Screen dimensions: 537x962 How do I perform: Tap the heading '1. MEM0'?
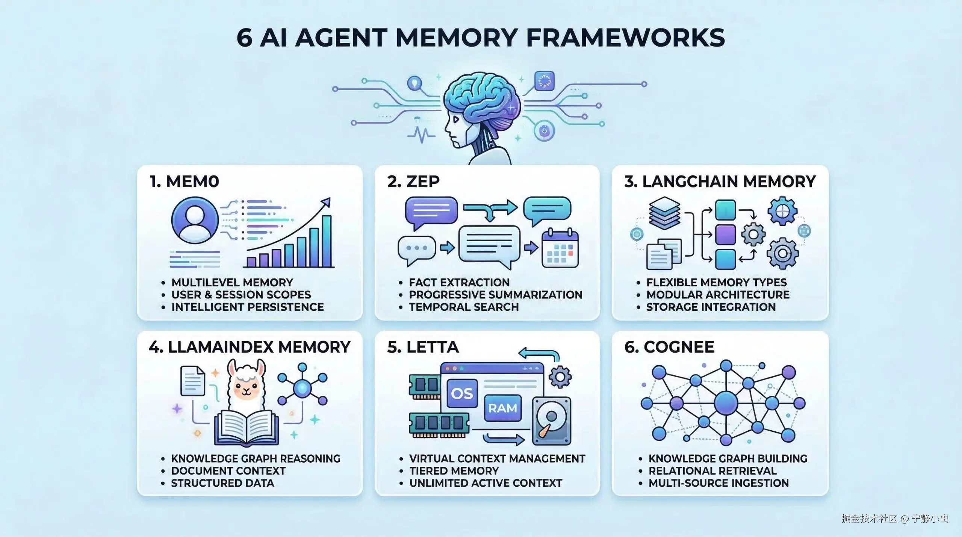tap(184, 182)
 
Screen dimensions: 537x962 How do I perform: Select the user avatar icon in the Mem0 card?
tap(195, 221)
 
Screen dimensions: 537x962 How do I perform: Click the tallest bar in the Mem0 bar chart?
tap(327, 241)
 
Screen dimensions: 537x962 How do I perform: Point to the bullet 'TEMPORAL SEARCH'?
tap(464, 307)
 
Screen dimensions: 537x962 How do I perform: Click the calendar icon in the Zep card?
tap(560, 249)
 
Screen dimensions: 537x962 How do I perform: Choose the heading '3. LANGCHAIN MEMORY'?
tap(720, 182)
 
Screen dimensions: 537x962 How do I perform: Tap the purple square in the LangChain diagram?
tap(725, 235)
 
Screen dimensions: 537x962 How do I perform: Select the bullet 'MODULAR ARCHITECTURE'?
tap(718, 295)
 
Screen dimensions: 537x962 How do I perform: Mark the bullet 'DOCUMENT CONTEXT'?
tap(228, 471)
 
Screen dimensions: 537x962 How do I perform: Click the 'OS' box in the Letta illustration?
tap(462, 393)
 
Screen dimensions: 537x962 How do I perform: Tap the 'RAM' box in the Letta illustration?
tap(502, 408)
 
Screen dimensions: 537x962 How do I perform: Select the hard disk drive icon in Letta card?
tap(551, 421)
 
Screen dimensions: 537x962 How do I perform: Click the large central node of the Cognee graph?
tap(726, 403)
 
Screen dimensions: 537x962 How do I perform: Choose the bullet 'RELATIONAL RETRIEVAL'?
tap(712, 471)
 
